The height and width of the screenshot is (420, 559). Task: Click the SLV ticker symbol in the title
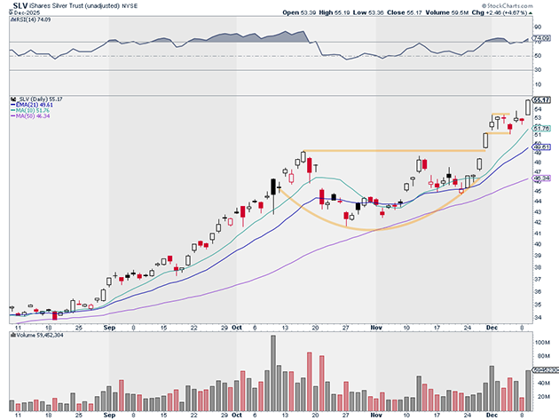[x=17, y=6]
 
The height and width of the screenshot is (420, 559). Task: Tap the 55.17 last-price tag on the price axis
[x=542, y=99]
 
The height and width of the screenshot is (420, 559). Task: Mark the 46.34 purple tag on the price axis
[x=542, y=178]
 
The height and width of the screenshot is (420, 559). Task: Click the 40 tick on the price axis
[x=538, y=244]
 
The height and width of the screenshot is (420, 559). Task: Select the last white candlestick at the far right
[x=529, y=107]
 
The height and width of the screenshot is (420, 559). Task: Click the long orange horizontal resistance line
[x=390, y=151]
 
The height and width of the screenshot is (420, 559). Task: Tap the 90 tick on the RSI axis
[x=538, y=28]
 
